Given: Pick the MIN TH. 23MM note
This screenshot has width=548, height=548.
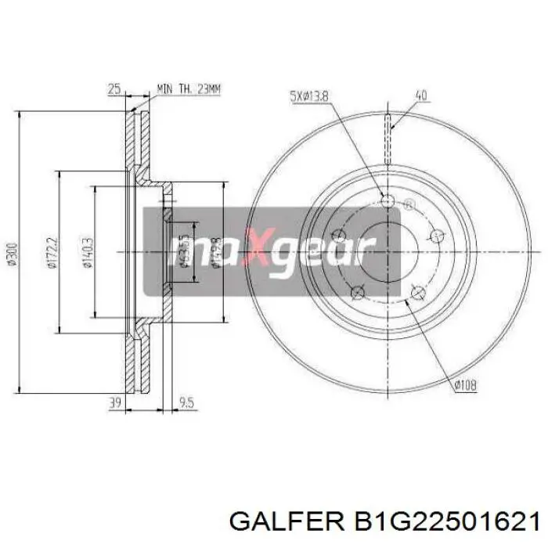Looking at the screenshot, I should pyautogui.click(x=189, y=90).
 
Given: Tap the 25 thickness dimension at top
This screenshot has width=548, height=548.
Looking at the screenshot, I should pyautogui.click(x=114, y=90).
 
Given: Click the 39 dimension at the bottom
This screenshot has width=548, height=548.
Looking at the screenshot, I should pyautogui.click(x=114, y=404).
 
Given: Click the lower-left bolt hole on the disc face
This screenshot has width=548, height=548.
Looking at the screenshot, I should pyautogui.click(x=357, y=293).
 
